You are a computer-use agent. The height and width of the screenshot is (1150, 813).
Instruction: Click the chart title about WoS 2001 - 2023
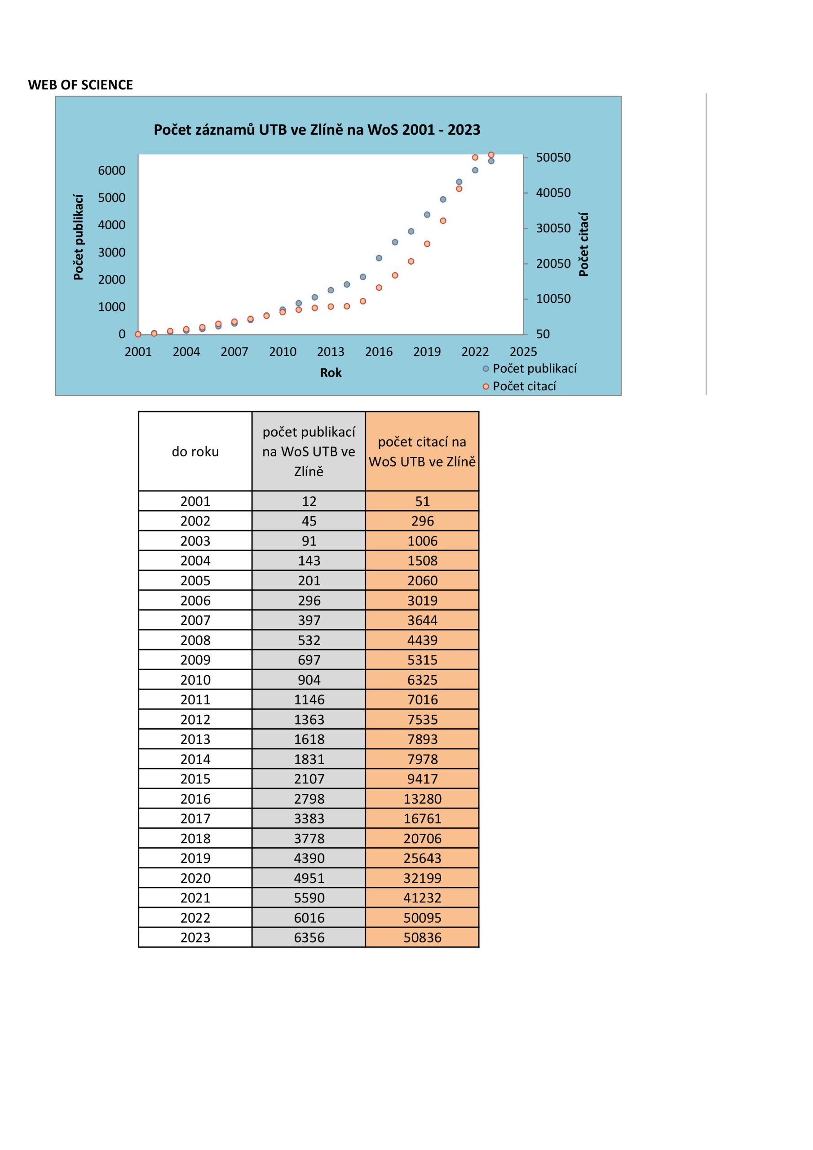pyautogui.click(x=317, y=130)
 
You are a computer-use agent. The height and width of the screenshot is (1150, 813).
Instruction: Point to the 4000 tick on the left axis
pyautogui.click(x=112, y=225)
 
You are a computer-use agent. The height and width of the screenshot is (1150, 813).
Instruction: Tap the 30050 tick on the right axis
pyautogui.click(x=553, y=228)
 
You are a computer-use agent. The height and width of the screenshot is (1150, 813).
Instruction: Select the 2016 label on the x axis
pyautogui.click(x=379, y=352)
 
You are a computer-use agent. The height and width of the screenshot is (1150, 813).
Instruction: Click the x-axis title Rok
pyautogui.click(x=331, y=373)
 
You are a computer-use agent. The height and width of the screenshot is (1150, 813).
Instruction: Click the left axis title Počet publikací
pyautogui.click(x=78, y=237)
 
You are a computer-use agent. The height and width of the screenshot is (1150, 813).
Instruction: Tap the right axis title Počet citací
pyautogui.click(x=583, y=244)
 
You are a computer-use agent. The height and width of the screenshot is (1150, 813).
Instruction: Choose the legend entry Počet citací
pyautogui.click(x=524, y=386)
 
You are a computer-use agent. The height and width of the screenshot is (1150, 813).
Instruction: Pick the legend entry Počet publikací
pyautogui.click(x=534, y=369)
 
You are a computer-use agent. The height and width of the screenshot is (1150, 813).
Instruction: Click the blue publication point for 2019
pyautogui.click(x=427, y=215)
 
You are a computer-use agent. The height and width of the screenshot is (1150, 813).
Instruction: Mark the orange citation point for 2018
pyautogui.click(x=411, y=261)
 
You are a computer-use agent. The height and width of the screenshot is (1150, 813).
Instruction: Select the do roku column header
pyautogui.click(x=195, y=452)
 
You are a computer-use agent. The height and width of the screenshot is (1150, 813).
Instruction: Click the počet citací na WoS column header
pyautogui.click(x=422, y=452)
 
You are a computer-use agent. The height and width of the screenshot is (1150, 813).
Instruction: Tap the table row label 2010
pyautogui.click(x=195, y=680)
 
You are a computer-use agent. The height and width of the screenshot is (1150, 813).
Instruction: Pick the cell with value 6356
pyautogui.click(x=309, y=938)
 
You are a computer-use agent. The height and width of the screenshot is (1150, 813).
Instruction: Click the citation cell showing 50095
pyautogui.click(x=422, y=918)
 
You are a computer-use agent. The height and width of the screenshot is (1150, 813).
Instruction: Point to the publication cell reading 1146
pyautogui.click(x=309, y=700)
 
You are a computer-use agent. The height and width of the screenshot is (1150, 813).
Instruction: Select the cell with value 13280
pyautogui.click(x=422, y=799)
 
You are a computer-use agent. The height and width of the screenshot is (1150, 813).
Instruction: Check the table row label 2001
pyautogui.click(x=195, y=501)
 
